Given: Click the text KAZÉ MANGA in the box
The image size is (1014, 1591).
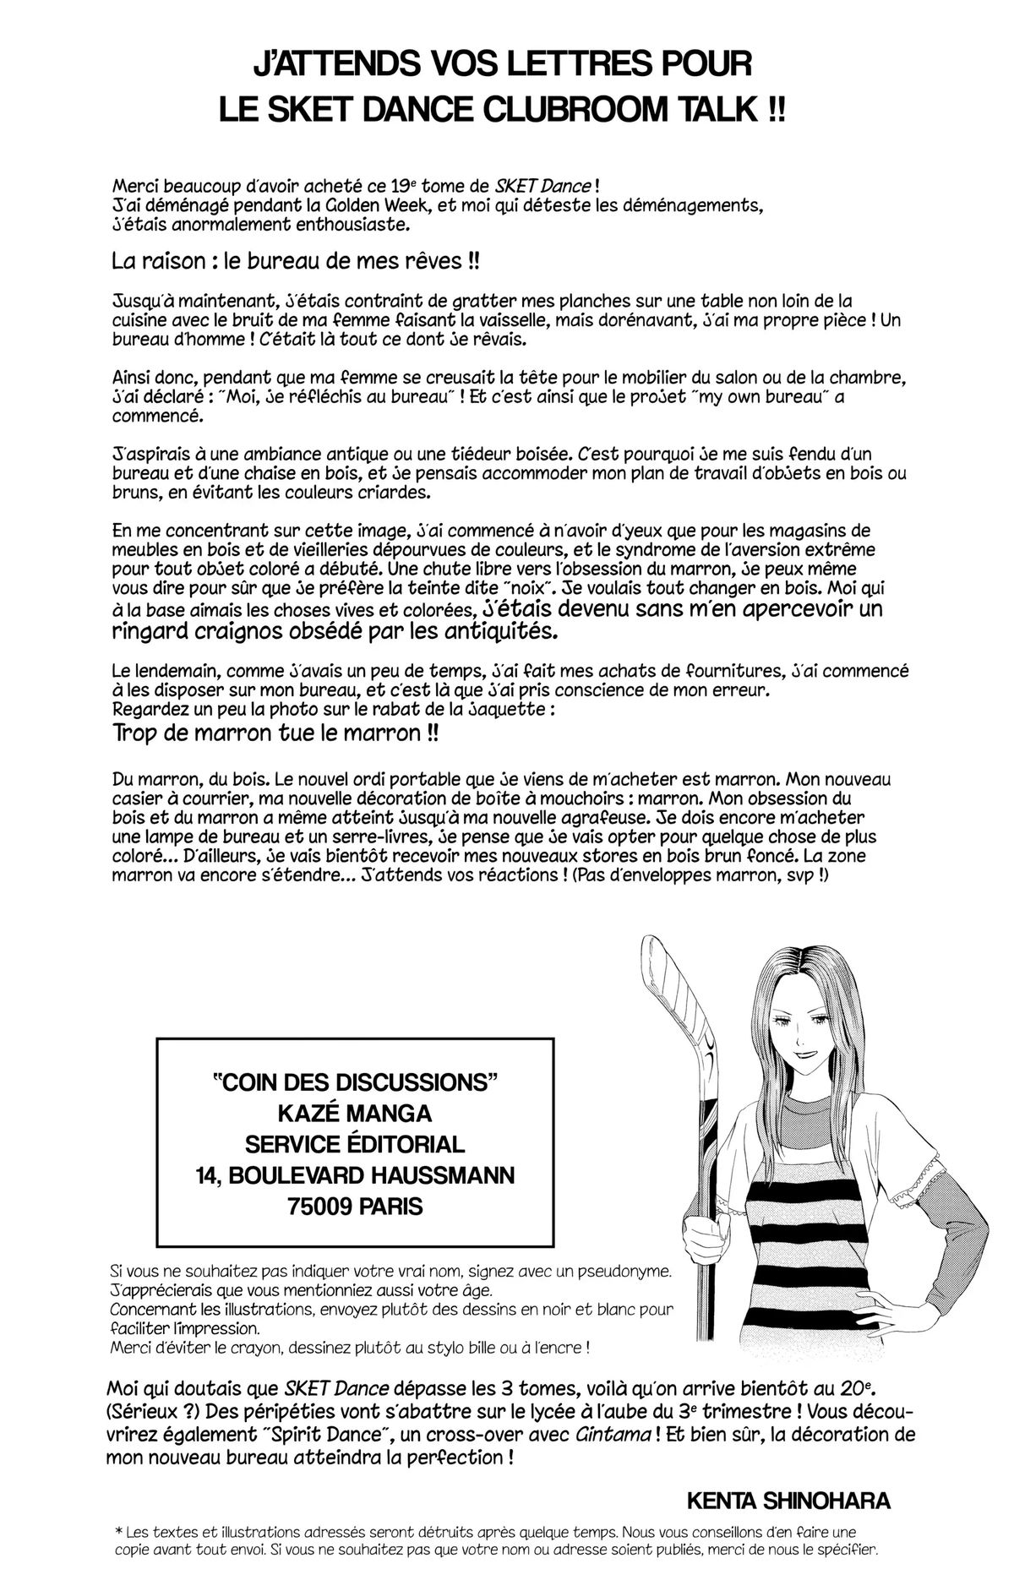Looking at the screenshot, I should click(x=354, y=1113).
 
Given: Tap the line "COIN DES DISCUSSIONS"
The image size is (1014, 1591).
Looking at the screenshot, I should click(x=354, y=1082).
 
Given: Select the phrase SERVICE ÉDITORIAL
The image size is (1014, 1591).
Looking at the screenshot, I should click(x=354, y=1144).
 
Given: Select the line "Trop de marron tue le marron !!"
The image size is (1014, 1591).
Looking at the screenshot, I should click(x=275, y=733).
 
